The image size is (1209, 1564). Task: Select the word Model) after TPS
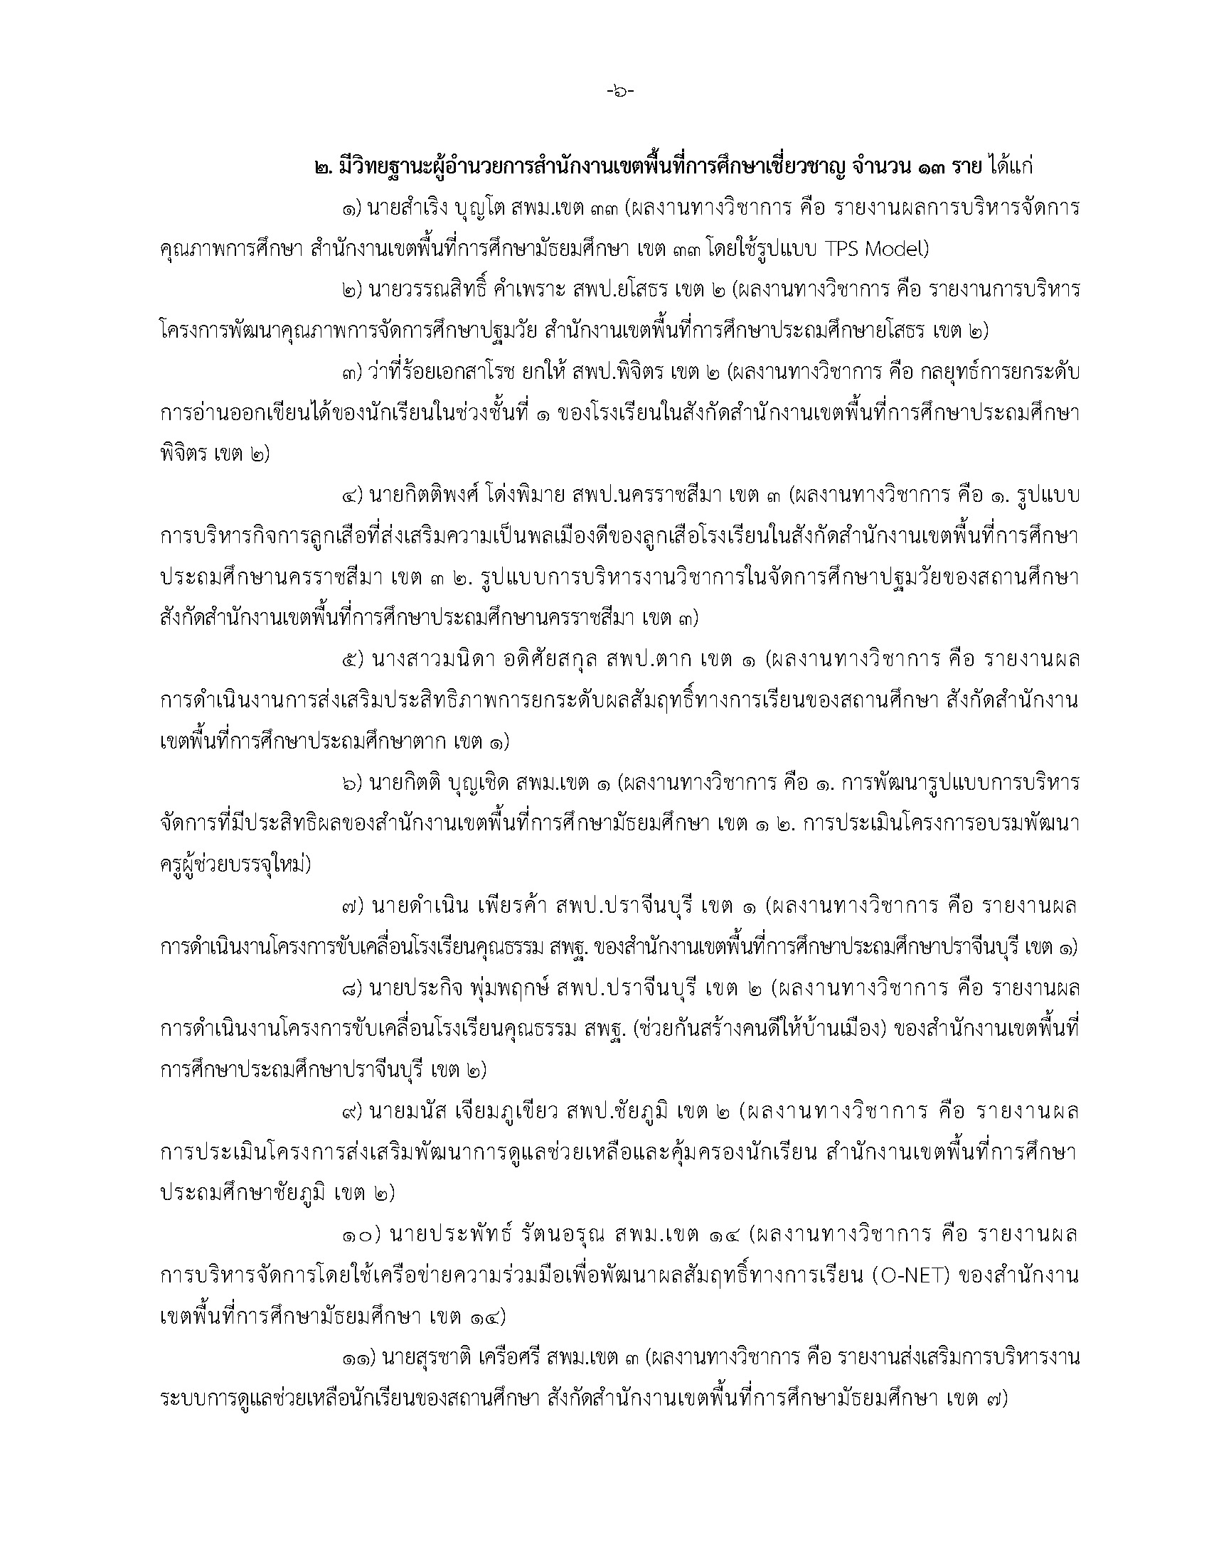[893, 250]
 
